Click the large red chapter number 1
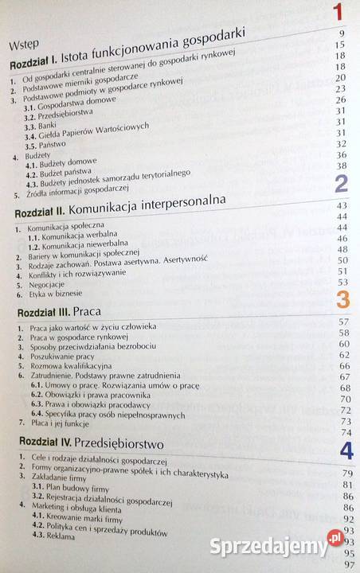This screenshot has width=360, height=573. [x=338, y=13]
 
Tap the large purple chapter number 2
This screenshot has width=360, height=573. [x=341, y=185]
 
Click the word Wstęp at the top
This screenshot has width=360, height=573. [x=25, y=45]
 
